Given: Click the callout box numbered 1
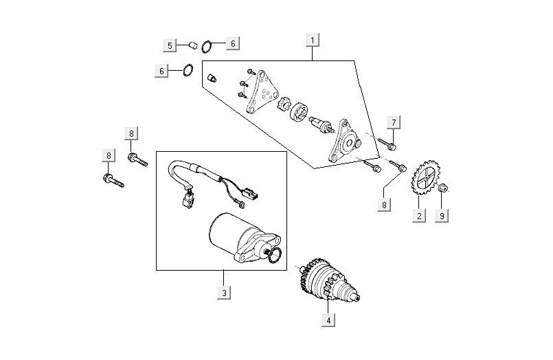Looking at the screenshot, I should click(313, 40).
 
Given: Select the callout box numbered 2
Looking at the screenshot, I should click(418, 216).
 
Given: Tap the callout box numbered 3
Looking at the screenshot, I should click(223, 293).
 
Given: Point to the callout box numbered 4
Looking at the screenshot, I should click(329, 319).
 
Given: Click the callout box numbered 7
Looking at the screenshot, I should click(394, 123).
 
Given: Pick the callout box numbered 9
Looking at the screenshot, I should click(442, 216).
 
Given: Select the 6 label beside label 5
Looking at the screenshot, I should click(232, 44).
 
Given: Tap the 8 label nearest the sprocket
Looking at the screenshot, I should click(384, 205).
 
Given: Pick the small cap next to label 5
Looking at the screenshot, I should click(193, 45).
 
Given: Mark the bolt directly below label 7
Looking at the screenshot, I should click(390, 144).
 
